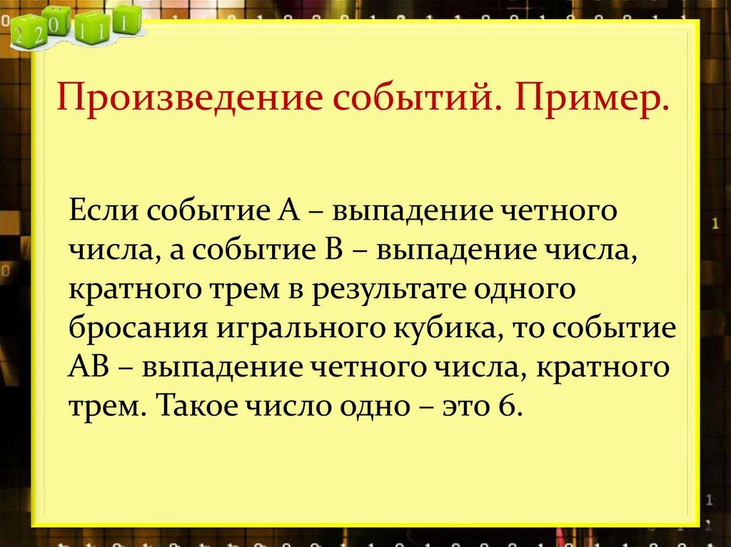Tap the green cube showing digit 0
click(57, 21)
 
